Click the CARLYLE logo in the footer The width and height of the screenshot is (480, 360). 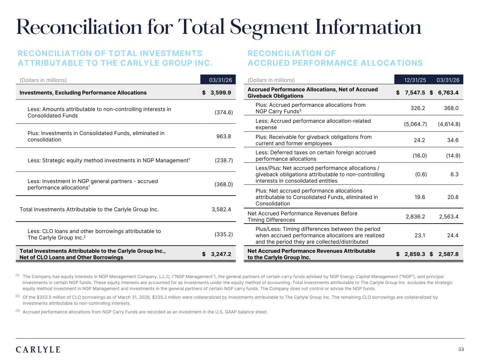pyautogui.click(x=38, y=349)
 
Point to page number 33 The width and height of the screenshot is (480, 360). pyautogui.click(x=461, y=349)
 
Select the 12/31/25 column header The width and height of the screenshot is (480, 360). pyautogui.click(x=415, y=80)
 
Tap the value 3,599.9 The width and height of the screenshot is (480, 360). pyautogui.click(x=220, y=92)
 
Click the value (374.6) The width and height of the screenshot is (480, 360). pyautogui.click(x=224, y=112)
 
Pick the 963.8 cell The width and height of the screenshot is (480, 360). pyautogui.click(x=224, y=136)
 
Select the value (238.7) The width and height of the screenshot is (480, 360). pyautogui.click(x=224, y=160)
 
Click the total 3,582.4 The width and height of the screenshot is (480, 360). pyautogui.click(x=221, y=210)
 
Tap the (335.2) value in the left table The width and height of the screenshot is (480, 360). pyautogui.click(x=224, y=234)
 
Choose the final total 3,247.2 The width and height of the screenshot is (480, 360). pyautogui.click(x=221, y=254)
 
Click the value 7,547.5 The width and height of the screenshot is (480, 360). pyautogui.click(x=415, y=92)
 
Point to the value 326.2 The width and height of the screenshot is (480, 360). pyautogui.click(x=418, y=108)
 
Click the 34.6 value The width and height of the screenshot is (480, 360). pyautogui.click(x=453, y=140)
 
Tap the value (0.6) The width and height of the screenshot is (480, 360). pyautogui.click(x=421, y=174)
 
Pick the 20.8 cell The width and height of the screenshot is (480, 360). pyautogui.click(x=453, y=197)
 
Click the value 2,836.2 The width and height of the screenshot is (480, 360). pyautogui.click(x=415, y=217)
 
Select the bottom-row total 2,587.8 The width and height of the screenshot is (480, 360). pyautogui.click(x=448, y=254)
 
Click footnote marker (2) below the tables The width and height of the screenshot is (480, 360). pyautogui.click(x=18, y=296)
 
